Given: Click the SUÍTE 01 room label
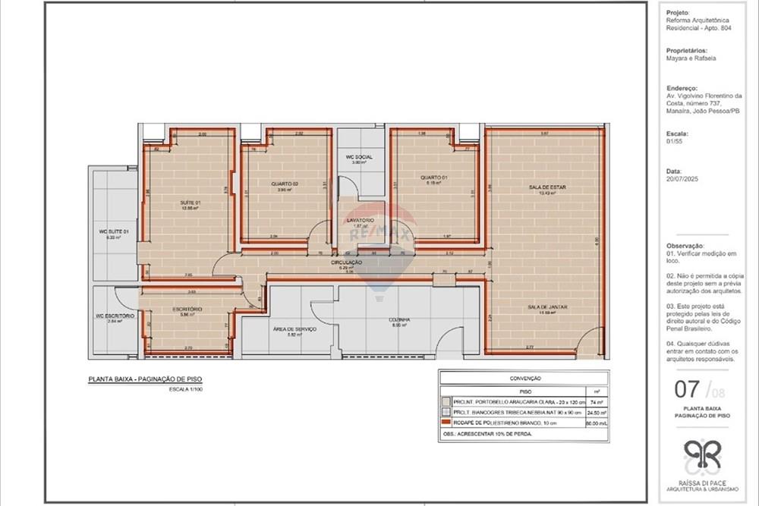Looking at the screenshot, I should coord(190,203).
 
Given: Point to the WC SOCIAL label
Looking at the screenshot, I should coord(359,157).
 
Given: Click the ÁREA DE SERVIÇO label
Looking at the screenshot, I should coord(294,329).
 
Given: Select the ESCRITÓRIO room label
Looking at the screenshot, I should coord(187,310).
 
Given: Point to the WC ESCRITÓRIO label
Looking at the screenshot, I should coord(115,316).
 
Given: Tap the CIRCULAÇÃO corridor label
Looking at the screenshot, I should coord(346,262).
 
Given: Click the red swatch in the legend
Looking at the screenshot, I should coord(446,423).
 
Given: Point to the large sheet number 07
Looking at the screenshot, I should coord(688,390).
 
